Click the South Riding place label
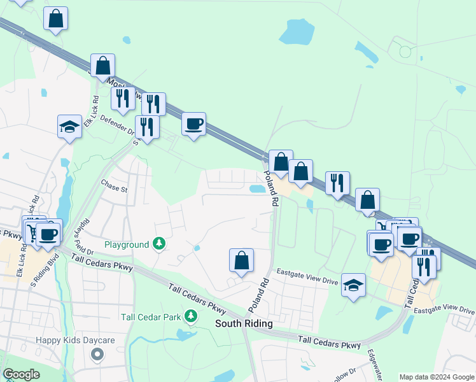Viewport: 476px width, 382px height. point(244,323)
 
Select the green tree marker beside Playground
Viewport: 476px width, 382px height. point(159,244)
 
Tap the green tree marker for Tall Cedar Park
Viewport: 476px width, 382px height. point(190,316)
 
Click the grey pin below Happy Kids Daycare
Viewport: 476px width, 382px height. point(97,355)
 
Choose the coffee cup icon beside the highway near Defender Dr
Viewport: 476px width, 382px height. point(193,124)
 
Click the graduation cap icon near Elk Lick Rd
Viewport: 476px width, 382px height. point(69,126)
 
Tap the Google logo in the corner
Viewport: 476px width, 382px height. point(22,374)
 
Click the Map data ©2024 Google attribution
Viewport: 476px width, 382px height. point(437,377)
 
